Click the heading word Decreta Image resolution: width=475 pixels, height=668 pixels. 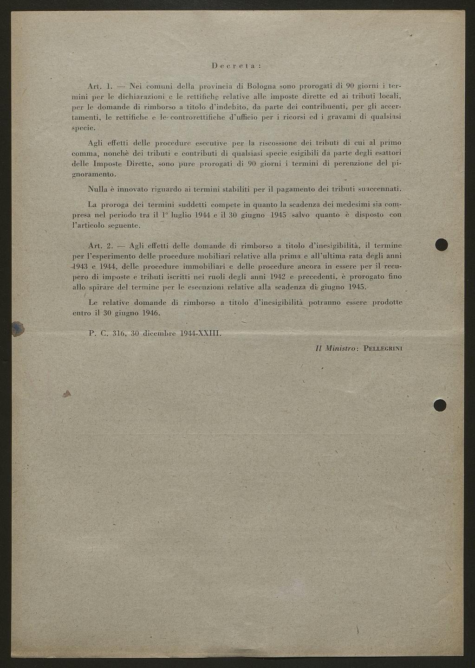coord(236,66)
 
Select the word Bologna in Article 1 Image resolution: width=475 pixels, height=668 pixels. coord(262,86)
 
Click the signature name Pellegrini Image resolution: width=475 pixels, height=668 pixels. coord(383,348)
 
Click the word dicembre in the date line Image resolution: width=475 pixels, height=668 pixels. coord(159,333)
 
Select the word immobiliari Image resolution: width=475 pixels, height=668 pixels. coord(205,267)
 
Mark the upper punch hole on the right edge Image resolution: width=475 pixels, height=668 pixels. coord(441,244)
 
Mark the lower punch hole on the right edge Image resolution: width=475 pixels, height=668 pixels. coord(440,405)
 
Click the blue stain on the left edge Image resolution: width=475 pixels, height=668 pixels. coord(18,328)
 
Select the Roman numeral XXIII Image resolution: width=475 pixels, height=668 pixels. coord(208,333)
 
